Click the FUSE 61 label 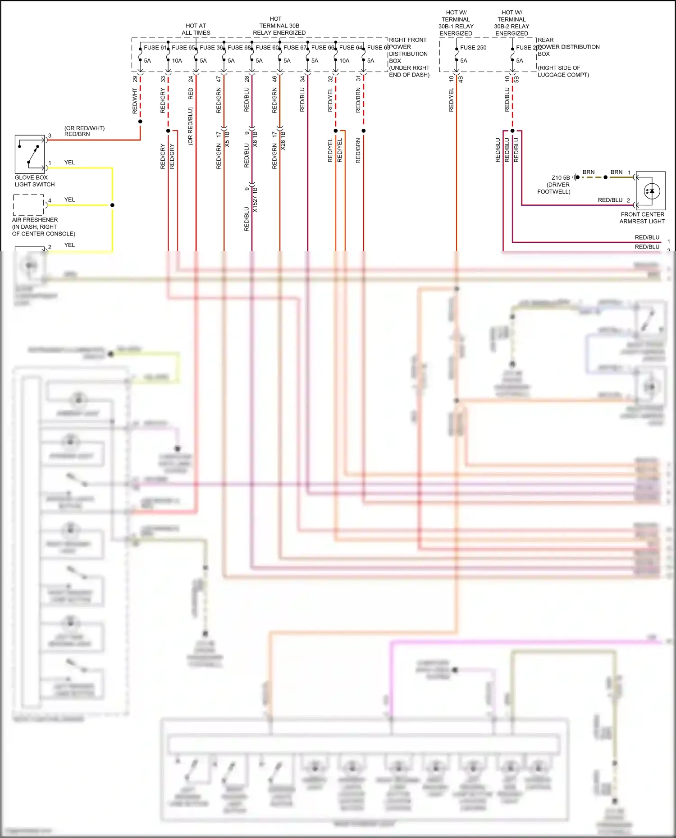point(155,47)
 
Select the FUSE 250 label point(473,47)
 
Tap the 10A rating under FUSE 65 point(177,60)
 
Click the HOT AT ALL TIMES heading point(196,29)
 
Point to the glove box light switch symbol point(30,154)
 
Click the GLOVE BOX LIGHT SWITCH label point(34,181)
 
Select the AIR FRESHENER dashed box point(28,205)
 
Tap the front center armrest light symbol point(651,191)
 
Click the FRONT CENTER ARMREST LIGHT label point(642,218)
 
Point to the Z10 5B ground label point(560,177)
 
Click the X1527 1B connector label point(255,200)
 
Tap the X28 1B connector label point(283,140)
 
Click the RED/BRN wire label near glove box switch point(77,134)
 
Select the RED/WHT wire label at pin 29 point(135,100)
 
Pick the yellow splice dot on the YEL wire point(112,205)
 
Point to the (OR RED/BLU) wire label point(190,126)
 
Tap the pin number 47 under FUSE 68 point(219,79)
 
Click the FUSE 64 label point(350,47)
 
